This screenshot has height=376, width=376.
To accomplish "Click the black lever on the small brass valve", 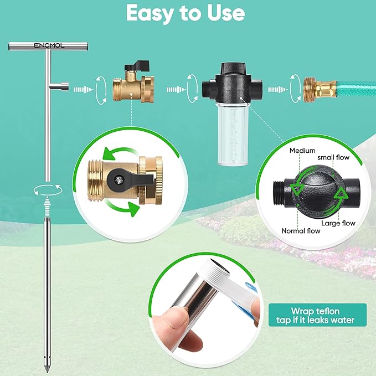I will tap(135, 67).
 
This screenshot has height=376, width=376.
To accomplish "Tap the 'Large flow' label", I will tap(338, 223).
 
